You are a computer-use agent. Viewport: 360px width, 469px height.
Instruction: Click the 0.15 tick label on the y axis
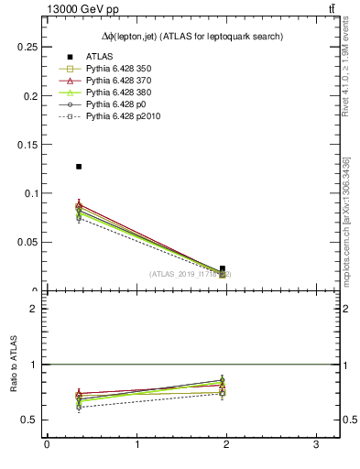[29, 144]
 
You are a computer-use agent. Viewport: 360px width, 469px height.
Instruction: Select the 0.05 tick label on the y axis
[29, 242]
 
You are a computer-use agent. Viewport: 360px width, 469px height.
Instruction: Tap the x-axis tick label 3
[315, 445]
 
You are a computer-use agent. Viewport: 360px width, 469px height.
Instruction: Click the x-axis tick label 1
[136, 445]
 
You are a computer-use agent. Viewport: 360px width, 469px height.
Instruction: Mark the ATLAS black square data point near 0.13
[79, 167]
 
